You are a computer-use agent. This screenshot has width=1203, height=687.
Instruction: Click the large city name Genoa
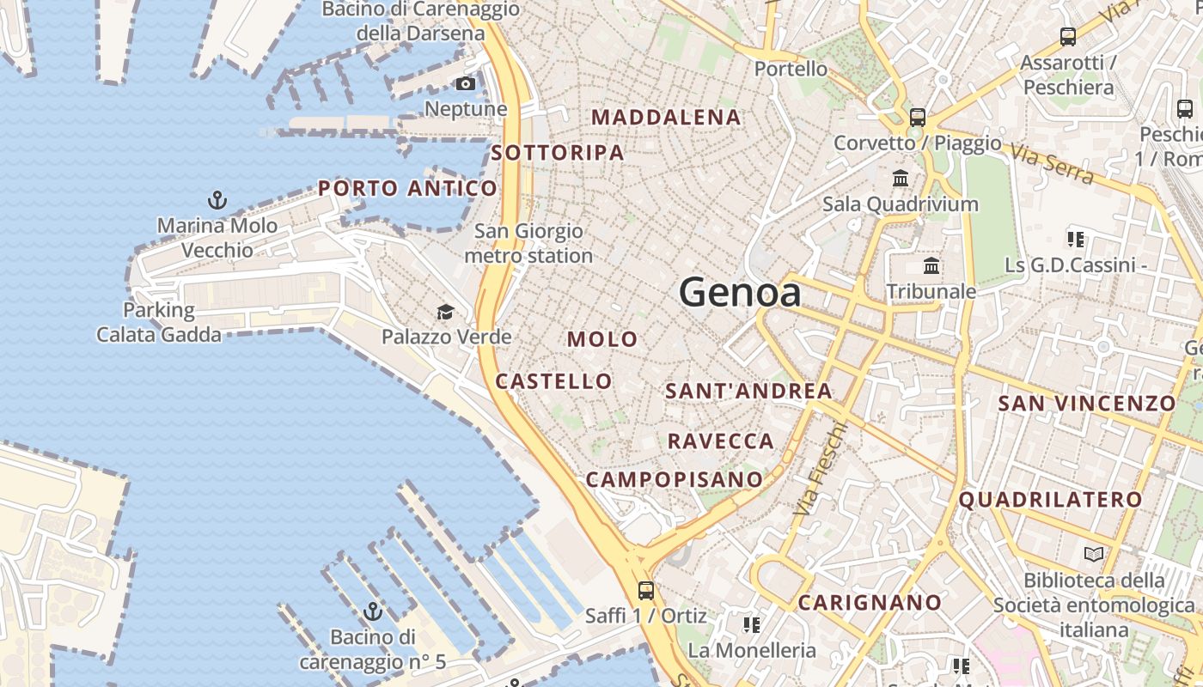click(x=740, y=293)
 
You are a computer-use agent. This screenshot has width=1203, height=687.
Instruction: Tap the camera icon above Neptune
click(x=465, y=83)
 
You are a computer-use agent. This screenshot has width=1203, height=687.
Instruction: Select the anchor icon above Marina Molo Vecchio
click(x=217, y=201)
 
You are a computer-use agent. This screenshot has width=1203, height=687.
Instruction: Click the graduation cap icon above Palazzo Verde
click(x=445, y=312)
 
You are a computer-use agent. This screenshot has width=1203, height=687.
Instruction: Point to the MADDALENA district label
click(x=666, y=118)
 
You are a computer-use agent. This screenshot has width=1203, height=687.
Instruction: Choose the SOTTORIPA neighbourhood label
click(x=558, y=153)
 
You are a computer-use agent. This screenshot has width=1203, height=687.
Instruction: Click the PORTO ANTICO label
click(x=407, y=188)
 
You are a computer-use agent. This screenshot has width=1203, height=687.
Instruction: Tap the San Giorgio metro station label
click(x=528, y=243)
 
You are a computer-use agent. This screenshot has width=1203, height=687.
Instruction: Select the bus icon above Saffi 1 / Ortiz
click(x=645, y=591)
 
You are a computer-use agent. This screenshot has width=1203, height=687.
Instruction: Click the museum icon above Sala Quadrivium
click(x=901, y=179)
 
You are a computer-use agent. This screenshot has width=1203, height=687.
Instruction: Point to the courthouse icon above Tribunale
click(x=931, y=265)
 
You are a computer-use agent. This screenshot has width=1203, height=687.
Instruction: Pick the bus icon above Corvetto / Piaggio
click(x=918, y=117)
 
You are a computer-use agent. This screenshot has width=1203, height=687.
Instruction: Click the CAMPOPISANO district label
click(x=675, y=479)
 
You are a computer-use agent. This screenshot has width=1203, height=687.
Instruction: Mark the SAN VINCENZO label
click(x=1086, y=403)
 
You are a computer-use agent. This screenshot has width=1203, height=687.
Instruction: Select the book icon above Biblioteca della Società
click(x=1093, y=555)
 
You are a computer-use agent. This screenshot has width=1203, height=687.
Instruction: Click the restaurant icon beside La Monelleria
click(x=752, y=624)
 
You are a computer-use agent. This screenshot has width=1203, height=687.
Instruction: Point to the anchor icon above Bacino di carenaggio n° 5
click(x=372, y=612)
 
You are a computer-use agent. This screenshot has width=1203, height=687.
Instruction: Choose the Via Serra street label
click(x=1052, y=165)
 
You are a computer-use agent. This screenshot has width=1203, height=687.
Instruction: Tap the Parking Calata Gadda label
click(x=159, y=322)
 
